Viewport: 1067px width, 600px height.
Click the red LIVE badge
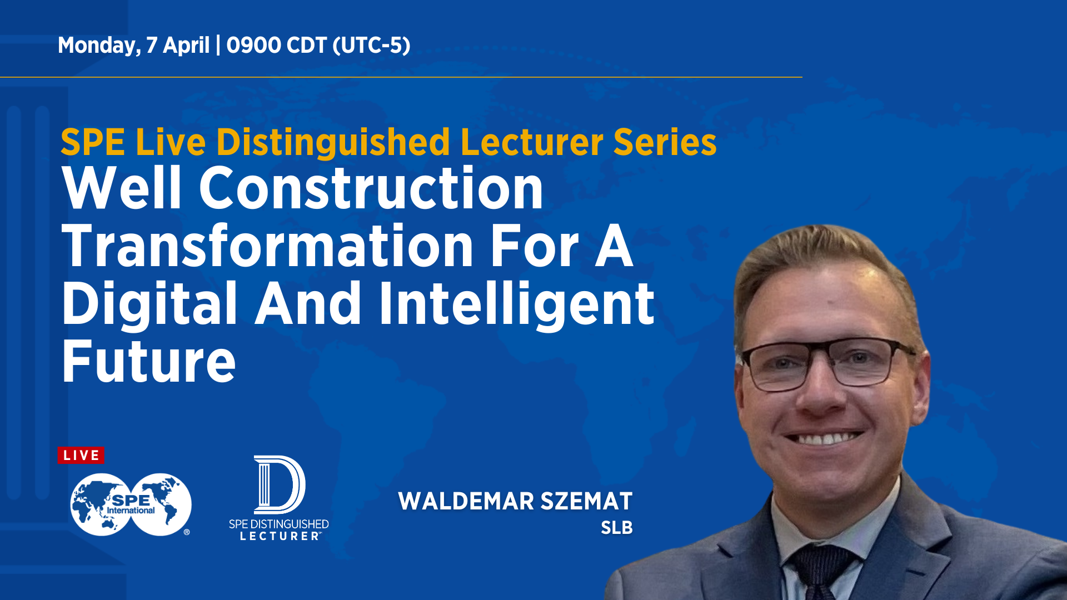click(x=81, y=456)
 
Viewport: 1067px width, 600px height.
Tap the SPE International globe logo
click(x=131, y=504)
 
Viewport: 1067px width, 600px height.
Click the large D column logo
click(x=280, y=484)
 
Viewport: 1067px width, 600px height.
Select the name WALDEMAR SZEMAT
click(x=515, y=501)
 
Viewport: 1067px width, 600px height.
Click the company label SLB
click(x=617, y=528)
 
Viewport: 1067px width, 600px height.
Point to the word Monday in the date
click(x=99, y=46)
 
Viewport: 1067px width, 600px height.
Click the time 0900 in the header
click(x=254, y=45)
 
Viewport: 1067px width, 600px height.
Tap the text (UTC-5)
click(x=371, y=46)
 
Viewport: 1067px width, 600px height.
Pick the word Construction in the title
click(x=371, y=188)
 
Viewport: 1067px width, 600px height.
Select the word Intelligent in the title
click(x=517, y=304)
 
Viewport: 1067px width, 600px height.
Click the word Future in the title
click(x=149, y=362)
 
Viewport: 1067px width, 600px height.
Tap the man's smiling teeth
click(x=826, y=438)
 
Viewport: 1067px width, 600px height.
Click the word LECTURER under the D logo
click(x=280, y=536)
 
